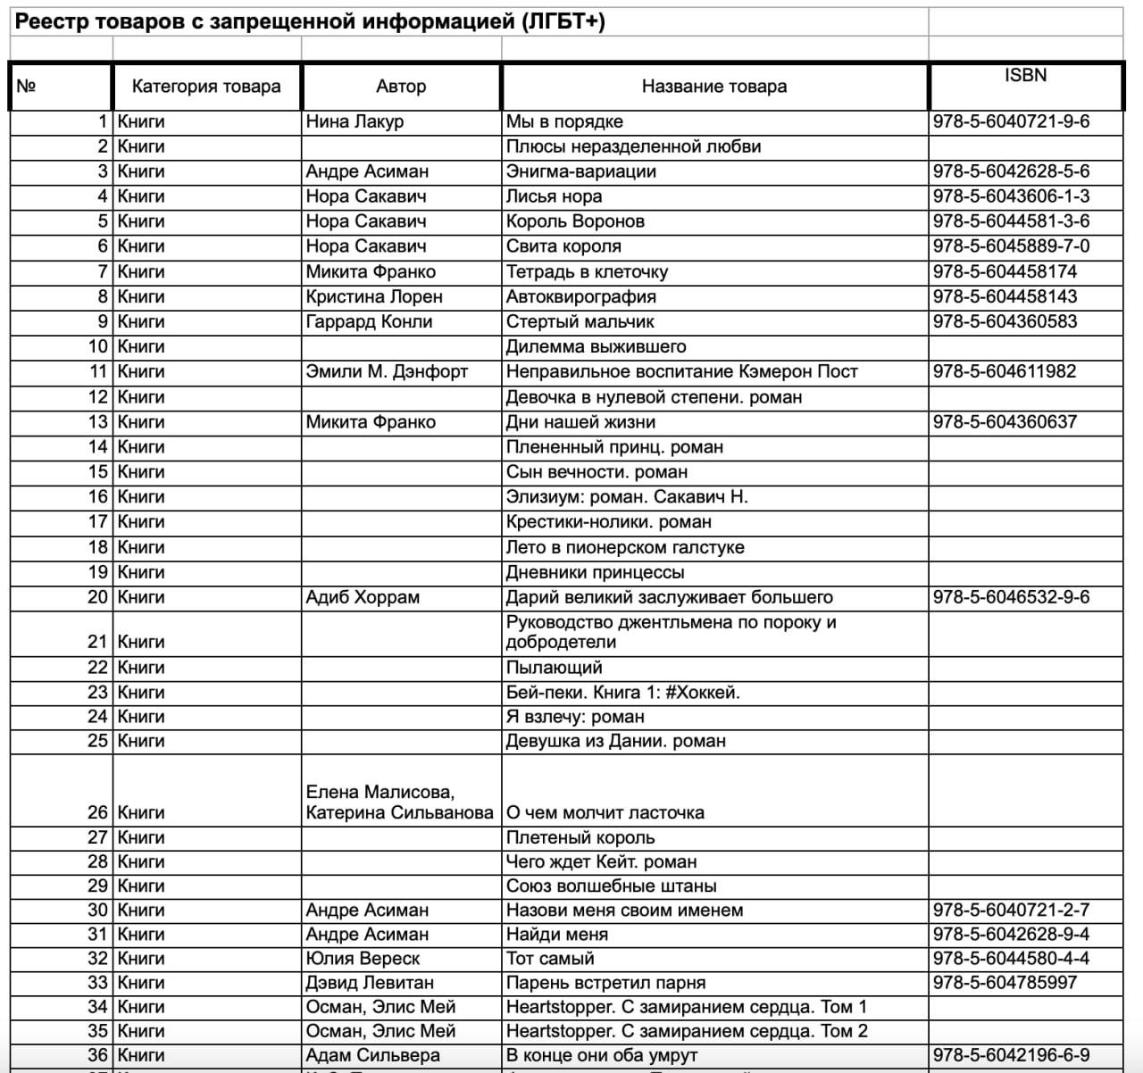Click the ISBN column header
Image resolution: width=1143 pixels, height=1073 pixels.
point(1024,76)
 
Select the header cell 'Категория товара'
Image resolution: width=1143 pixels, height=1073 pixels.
point(206,87)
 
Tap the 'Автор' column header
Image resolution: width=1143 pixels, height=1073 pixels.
point(401,87)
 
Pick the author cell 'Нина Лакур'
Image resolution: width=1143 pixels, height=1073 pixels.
point(355,122)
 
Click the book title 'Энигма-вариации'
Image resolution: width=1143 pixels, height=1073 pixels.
point(580,171)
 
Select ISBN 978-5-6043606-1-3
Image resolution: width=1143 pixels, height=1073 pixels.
point(1011,196)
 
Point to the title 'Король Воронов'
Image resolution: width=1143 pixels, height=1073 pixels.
point(575,221)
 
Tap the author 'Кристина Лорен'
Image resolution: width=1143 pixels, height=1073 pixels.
point(374,296)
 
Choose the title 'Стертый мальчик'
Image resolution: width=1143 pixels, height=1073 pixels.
point(580,321)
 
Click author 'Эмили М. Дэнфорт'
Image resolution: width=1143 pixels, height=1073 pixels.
point(387,371)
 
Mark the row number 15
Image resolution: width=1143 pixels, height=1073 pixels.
point(97,472)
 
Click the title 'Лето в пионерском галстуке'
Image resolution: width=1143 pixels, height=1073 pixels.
point(625,547)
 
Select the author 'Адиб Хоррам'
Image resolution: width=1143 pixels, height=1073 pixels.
point(363,597)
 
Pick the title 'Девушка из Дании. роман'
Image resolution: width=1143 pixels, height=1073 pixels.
point(616,741)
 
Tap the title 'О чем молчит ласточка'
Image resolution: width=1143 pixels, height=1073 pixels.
point(605,813)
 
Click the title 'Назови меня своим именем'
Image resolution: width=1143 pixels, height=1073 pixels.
point(624,911)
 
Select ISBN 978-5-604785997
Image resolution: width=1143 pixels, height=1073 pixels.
point(1005,983)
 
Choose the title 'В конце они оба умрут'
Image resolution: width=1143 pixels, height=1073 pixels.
point(602,1055)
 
